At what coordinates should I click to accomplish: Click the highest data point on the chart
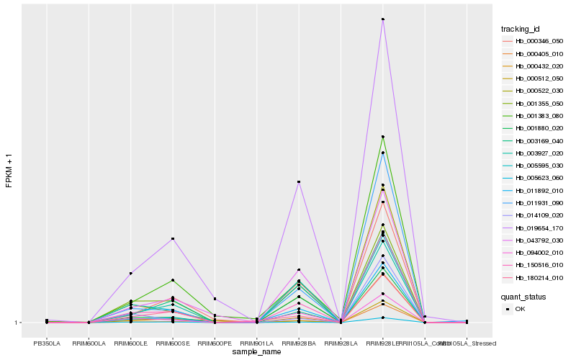click(383, 19)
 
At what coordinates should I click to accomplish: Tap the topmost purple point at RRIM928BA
click(299, 182)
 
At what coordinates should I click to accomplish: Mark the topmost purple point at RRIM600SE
click(173, 238)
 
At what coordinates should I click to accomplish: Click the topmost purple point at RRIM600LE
click(131, 274)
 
